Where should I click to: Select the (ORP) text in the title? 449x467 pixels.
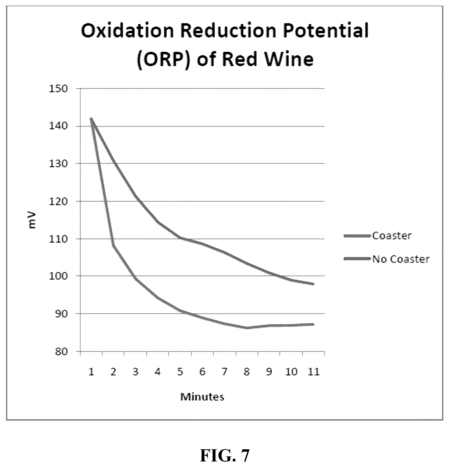(x=163, y=60)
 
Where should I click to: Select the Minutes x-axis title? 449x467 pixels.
(x=202, y=397)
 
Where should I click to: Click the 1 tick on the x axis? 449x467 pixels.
(x=92, y=372)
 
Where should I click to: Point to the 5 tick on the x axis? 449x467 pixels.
(x=180, y=372)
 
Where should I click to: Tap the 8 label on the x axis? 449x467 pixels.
(x=247, y=372)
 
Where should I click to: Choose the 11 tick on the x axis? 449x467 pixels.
(x=313, y=372)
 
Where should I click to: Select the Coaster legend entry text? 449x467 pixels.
(x=392, y=235)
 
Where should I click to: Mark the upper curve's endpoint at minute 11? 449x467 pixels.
(x=313, y=284)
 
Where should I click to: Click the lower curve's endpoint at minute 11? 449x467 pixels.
(x=313, y=324)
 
